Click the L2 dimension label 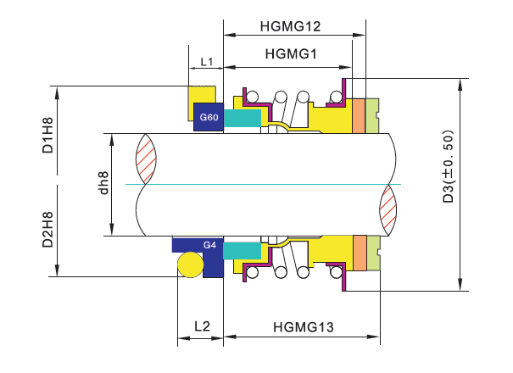tap(201, 326)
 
